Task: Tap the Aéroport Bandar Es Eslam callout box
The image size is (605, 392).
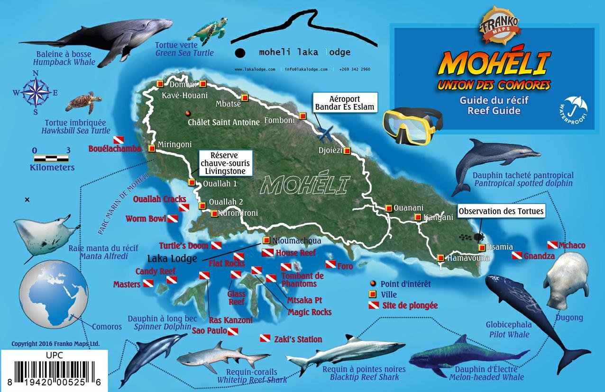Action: point(345,102)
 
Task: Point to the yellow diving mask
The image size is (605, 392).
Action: point(412,126)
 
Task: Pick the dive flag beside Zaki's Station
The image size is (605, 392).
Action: point(265,339)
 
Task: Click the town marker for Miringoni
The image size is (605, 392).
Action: point(152,148)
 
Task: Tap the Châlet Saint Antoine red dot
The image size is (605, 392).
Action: point(188,113)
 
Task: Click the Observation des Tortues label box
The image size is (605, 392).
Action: point(501,211)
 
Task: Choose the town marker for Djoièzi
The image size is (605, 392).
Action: point(347,151)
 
